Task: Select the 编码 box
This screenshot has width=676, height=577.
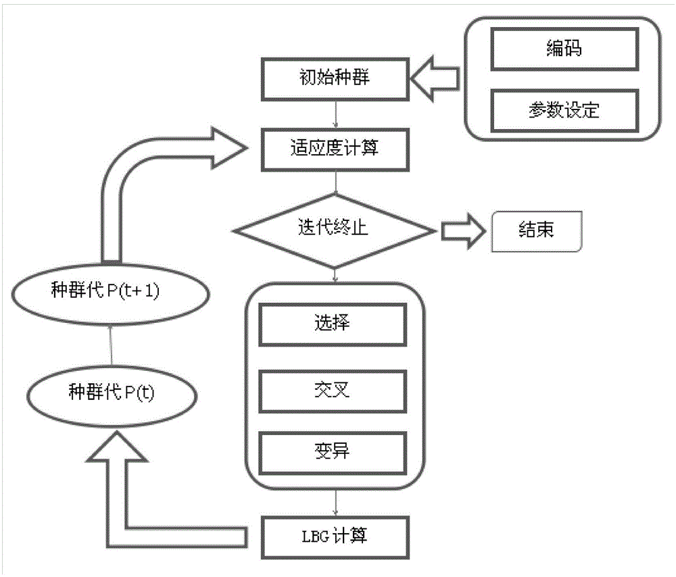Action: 563,49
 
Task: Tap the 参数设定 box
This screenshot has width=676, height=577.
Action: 563,110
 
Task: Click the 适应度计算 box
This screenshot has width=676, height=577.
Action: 334,149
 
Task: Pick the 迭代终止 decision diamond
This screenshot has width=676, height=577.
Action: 334,230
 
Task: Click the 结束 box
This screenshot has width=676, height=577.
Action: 536,232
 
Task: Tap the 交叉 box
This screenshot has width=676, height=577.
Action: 333,391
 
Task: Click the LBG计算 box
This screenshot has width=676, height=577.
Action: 334,537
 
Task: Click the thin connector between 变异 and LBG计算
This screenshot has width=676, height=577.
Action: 335,503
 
